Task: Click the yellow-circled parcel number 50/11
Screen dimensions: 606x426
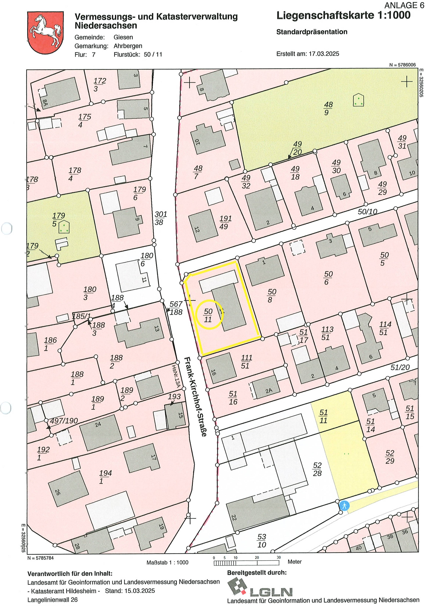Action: [208, 315]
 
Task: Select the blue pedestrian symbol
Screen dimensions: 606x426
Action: [344, 506]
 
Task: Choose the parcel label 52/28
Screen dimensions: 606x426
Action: [317, 469]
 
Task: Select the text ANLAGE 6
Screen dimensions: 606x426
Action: [404, 5]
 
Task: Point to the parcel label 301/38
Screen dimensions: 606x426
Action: [160, 218]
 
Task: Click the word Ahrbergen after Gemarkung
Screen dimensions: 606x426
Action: [128, 46]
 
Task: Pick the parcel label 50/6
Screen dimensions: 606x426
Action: [328, 278]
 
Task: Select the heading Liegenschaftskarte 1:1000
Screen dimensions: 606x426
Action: [343, 16]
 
